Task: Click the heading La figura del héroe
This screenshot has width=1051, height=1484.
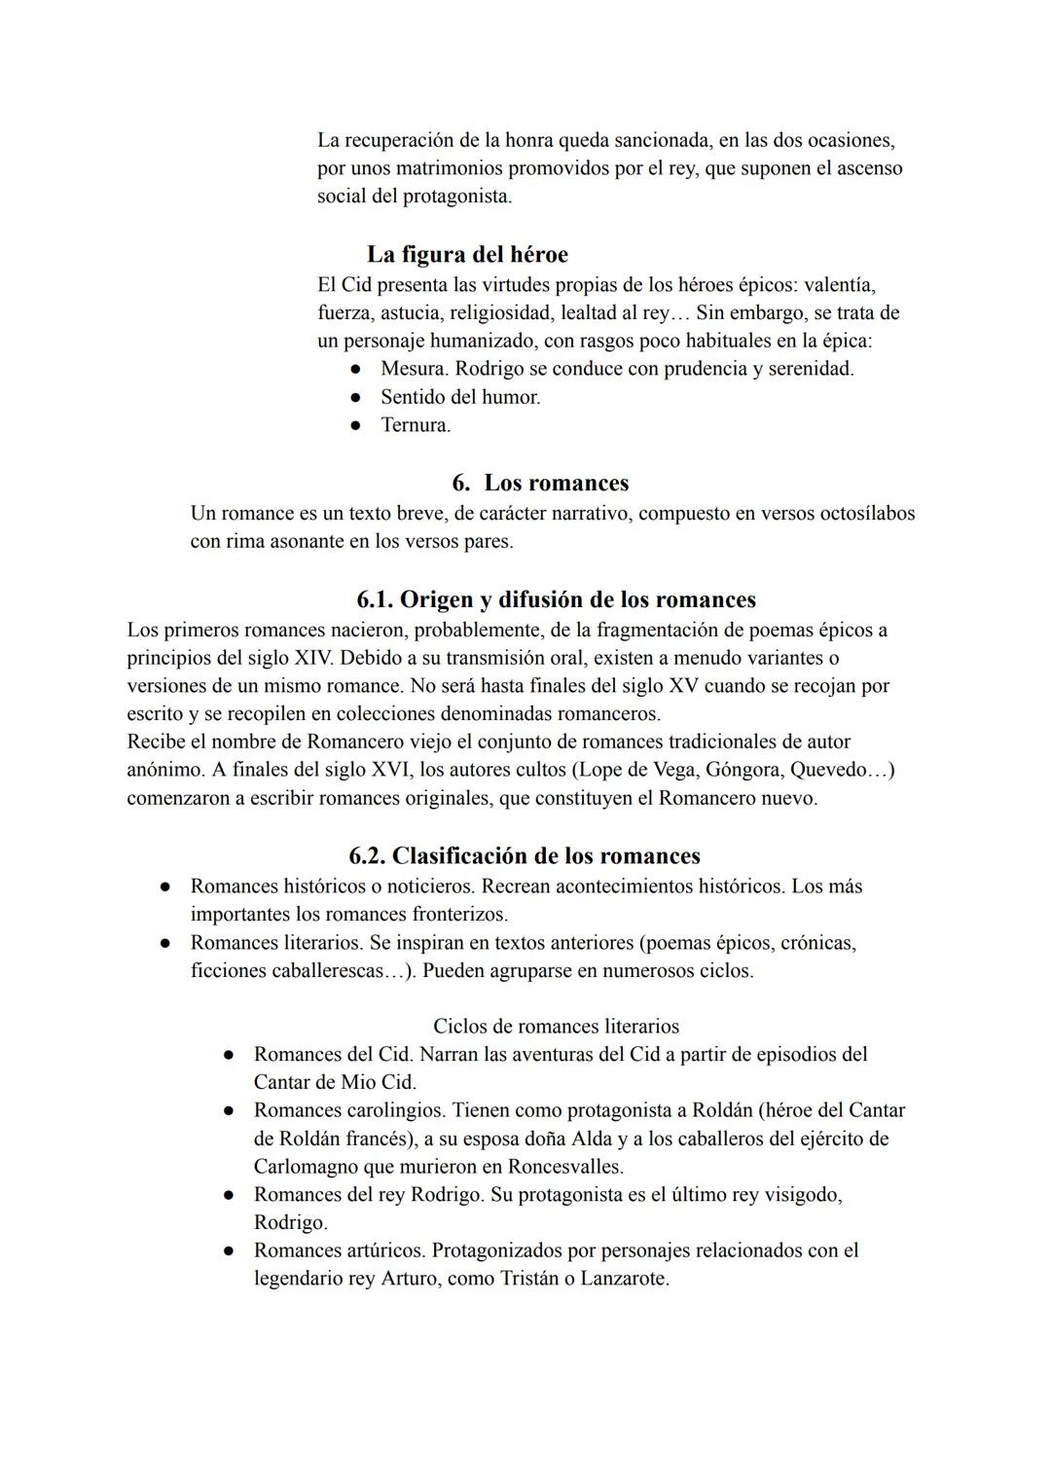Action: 467,255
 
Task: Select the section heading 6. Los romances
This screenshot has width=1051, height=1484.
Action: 540,483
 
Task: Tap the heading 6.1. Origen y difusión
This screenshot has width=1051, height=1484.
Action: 556,599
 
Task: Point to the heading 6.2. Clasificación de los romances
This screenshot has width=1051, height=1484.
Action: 525,856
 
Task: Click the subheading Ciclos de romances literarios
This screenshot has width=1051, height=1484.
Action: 556,1026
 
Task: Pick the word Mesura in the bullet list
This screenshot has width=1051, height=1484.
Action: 414,369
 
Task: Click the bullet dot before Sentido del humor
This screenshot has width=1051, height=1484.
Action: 357,398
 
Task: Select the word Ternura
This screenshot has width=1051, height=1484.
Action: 415,425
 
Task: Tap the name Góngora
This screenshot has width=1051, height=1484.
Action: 743,770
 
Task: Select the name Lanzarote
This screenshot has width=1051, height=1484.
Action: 624,1279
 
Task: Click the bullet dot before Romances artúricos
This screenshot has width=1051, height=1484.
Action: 227,1250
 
